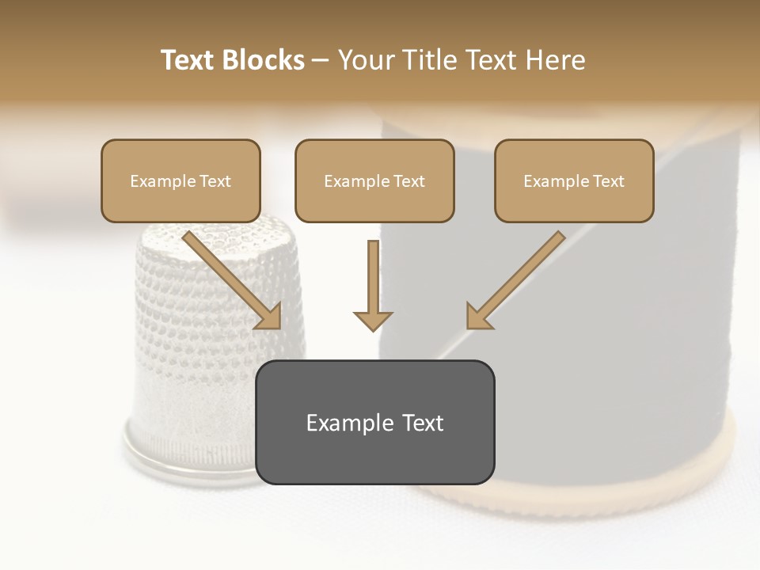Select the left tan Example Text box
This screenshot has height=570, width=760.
tap(180, 180)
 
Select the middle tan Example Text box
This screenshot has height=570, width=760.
tap(374, 180)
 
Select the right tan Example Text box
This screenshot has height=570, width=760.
tap(574, 180)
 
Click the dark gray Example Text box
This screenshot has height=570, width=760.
tap(374, 422)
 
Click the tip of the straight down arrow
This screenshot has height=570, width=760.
tap(373, 328)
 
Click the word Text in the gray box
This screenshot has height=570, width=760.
tap(422, 423)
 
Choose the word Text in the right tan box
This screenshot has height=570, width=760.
tap(608, 181)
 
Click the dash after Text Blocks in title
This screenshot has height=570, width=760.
tap(321, 61)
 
